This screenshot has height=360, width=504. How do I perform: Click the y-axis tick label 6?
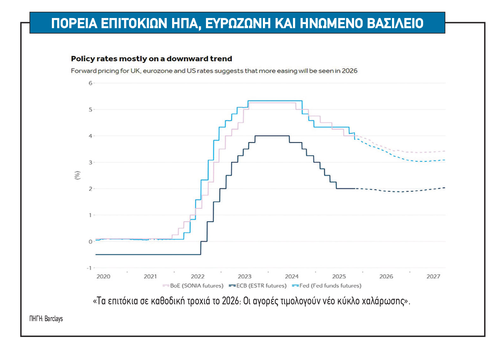click(x=90, y=83)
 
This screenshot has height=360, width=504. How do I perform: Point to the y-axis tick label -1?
click(x=89, y=268)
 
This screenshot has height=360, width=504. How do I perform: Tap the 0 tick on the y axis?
click(x=90, y=242)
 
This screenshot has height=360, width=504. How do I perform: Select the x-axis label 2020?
click(x=103, y=277)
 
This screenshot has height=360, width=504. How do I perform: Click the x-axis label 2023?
click(x=245, y=277)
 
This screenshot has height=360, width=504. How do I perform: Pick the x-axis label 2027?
click(x=433, y=277)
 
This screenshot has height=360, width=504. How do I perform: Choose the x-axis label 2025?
click(x=339, y=277)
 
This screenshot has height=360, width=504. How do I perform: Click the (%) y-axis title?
click(x=77, y=175)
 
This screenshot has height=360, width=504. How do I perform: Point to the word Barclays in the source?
click(x=53, y=319)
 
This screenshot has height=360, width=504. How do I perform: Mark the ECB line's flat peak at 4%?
click(x=272, y=136)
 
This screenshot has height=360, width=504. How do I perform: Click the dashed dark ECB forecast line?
click(x=399, y=191)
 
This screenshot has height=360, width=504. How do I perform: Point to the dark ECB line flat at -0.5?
click(x=149, y=254)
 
